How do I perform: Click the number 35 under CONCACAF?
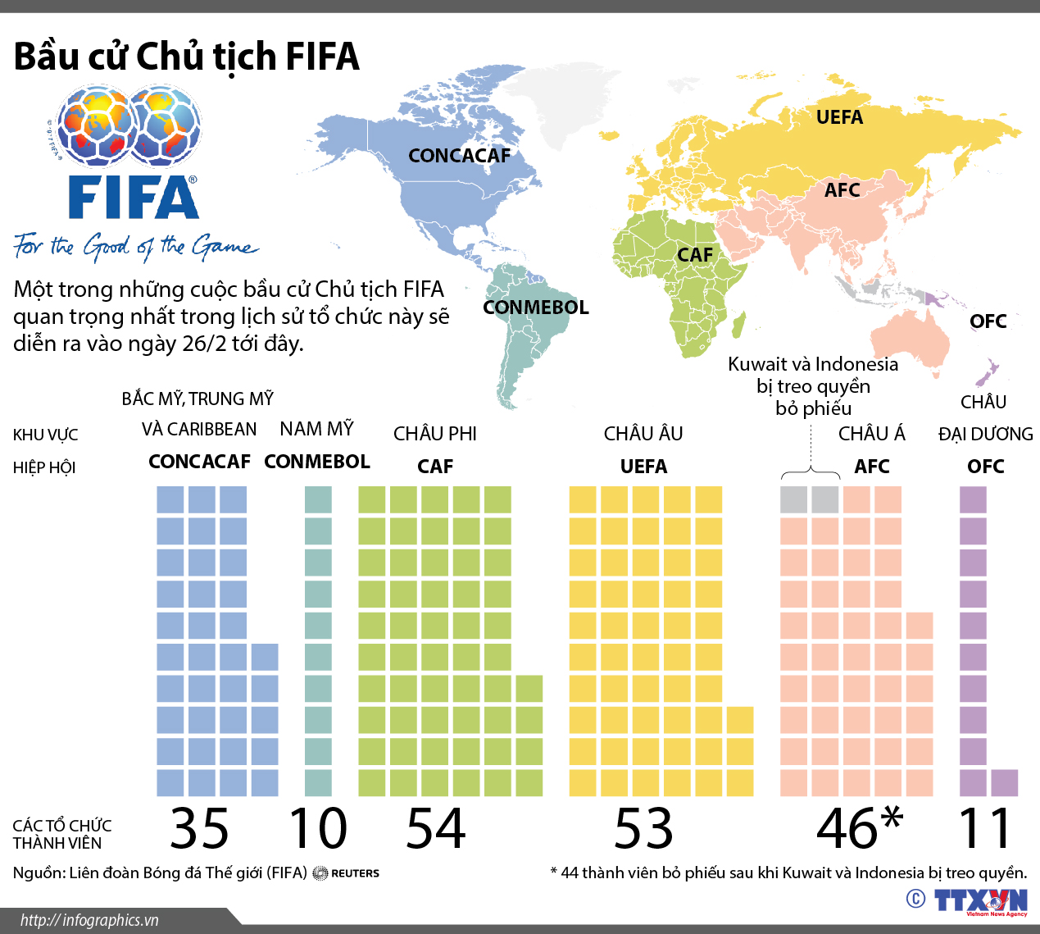[199, 828]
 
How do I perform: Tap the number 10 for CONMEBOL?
[318, 828]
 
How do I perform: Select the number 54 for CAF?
[435, 828]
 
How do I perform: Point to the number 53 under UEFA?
[644, 828]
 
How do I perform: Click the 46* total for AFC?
[859, 828]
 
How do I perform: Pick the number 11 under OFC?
[985, 828]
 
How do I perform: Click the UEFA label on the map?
[839, 117]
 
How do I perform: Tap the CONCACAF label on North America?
[459, 156]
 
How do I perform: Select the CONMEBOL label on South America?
[535, 308]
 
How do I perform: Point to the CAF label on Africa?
[695, 255]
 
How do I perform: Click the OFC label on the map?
[988, 321]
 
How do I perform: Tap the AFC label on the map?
[842, 190]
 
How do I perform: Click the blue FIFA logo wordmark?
[134, 198]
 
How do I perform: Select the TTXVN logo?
[980, 900]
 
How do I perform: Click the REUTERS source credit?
[354, 873]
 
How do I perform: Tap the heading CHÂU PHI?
[434, 434]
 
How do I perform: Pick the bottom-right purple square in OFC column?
[1004, 783]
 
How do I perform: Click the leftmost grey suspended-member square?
[793, 499]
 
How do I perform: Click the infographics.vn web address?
[89, 920]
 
